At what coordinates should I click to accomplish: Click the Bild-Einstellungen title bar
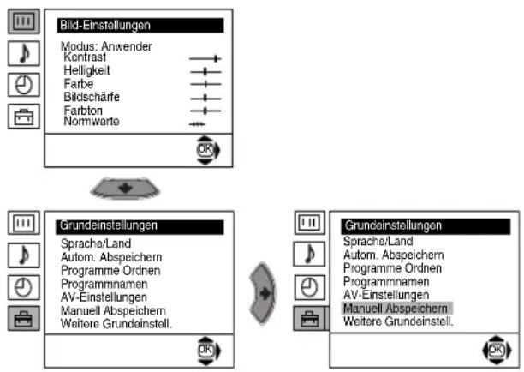140,26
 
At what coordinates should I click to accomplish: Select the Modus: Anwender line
106,46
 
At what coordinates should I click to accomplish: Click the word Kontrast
85,57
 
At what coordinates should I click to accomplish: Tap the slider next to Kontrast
205,59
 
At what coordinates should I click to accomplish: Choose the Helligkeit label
86,70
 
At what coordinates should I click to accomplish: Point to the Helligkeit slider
205,72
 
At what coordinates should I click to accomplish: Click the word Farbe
79,84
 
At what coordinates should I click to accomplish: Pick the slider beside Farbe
205,84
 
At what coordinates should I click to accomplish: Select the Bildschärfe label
92,97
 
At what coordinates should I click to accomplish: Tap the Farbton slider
205,111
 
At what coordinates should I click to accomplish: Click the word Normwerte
92,121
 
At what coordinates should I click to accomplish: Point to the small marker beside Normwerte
197,124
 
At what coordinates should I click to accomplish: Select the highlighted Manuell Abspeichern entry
396,308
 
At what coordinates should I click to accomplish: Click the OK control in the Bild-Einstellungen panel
208,150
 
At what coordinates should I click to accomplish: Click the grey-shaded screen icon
24,21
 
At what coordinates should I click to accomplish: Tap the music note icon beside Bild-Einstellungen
24,53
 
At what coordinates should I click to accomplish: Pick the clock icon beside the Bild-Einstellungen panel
24,85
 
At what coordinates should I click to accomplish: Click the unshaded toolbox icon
24,117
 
